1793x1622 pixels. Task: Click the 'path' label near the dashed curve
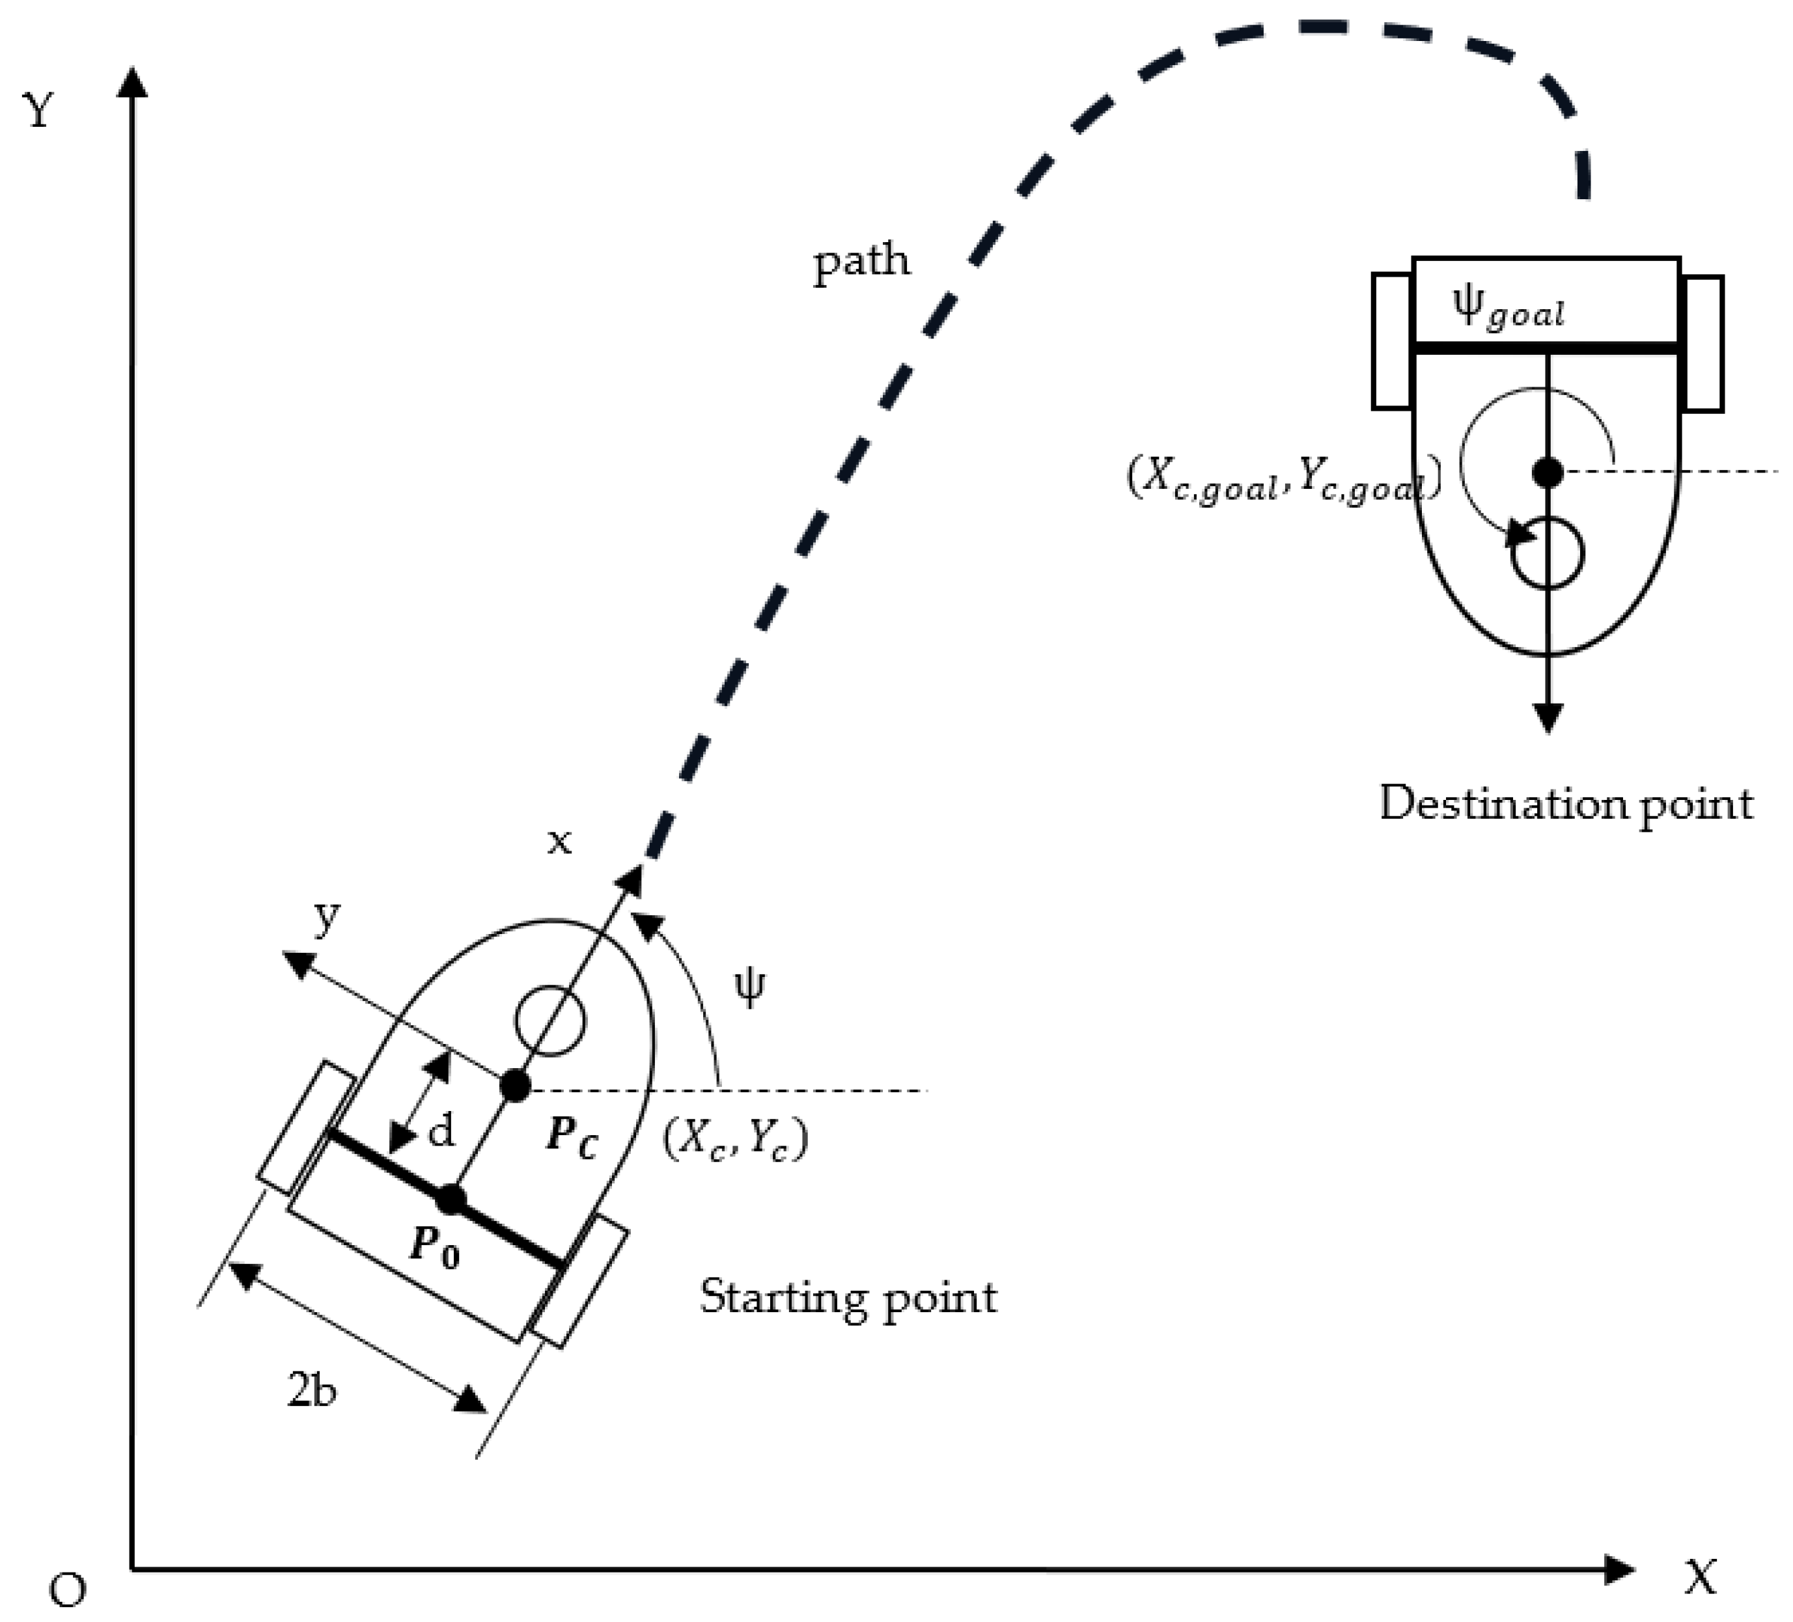tap(861, 263)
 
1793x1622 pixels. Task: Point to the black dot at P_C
tap(515, 1086)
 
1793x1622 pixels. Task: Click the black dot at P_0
tap(451, 1200)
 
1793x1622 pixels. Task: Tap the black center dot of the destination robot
tap(1548, 472)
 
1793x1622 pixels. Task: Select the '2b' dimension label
tap(311, 1389)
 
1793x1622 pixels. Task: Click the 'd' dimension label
tap(441, 1132)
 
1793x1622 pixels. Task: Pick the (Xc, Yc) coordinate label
tap(736, 1139)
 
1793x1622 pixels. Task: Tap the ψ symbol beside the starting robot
tap(749, 987)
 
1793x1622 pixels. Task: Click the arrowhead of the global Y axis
tap(133, 82)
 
